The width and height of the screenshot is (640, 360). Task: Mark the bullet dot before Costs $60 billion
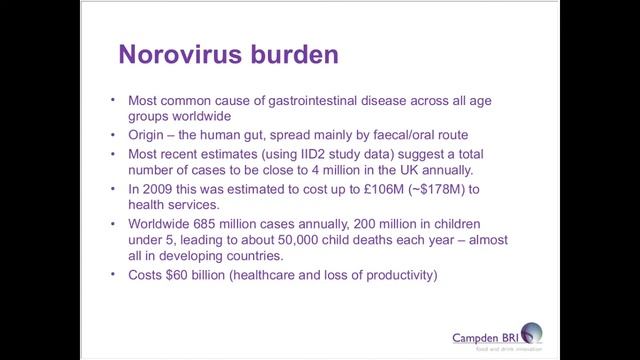click(x=117, y=274)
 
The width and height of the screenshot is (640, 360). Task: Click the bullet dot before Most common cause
click(x=117, y=101)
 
